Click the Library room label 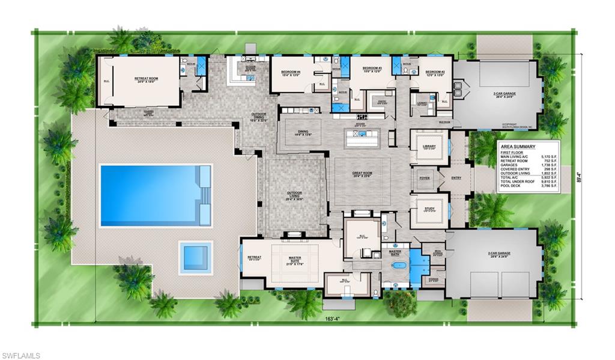pos(429,146)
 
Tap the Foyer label pos(425,178)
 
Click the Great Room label pos(362,174)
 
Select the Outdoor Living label pos(295,195)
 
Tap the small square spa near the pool pos(195,258)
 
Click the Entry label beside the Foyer pos(457,178)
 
